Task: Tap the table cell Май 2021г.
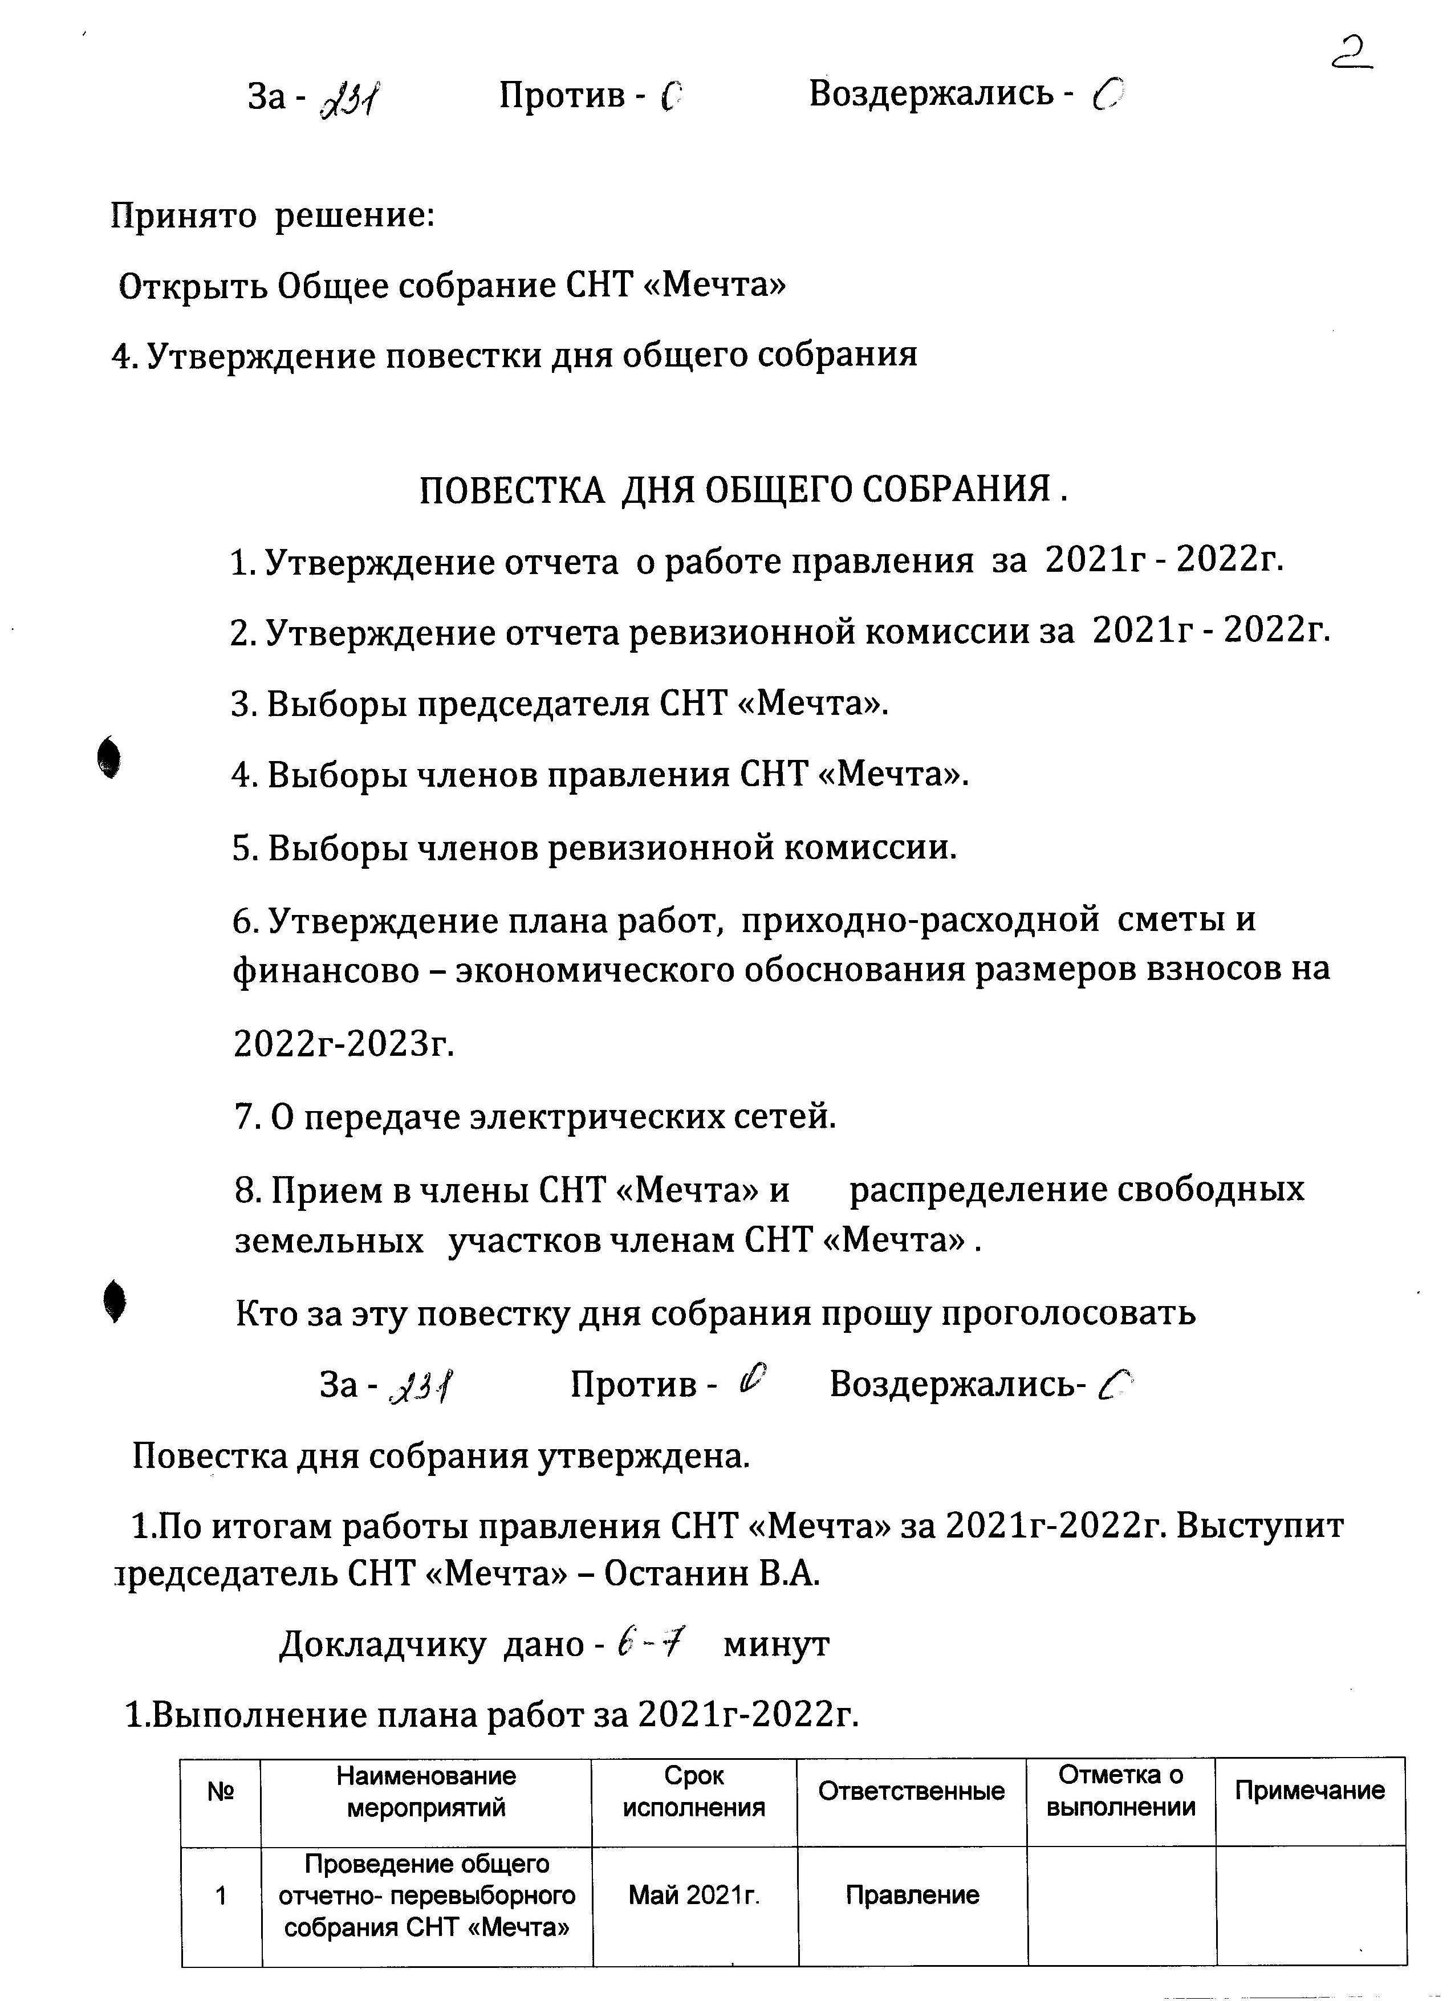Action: [x=693, y=1895]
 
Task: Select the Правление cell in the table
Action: [x=912, y=1895]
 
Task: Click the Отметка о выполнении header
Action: [x=1120, y=1790]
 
